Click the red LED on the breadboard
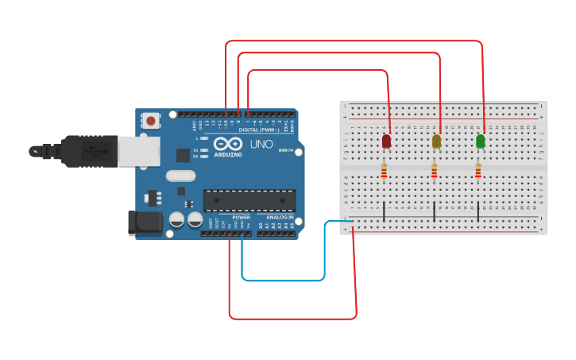coord(386,141)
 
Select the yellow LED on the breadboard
coord(436,141)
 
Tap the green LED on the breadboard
coord(480,141)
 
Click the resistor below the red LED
coord(384,172)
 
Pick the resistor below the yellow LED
coord(434,172)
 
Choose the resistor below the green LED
coord(477,172)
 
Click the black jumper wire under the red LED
coord(385,211)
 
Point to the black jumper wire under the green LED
coord(478,211)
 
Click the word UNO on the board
coord(261,145)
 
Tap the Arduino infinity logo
coord(227,144)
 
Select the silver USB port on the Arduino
coord(139,151)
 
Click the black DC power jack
coord(145,223)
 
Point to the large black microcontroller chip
coord(249,200)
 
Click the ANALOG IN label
coord(279,217)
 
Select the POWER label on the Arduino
coord(241,217)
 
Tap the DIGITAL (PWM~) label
coord(258,130)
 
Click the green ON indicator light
coord(281,150)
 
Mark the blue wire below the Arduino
coord(283,281)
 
